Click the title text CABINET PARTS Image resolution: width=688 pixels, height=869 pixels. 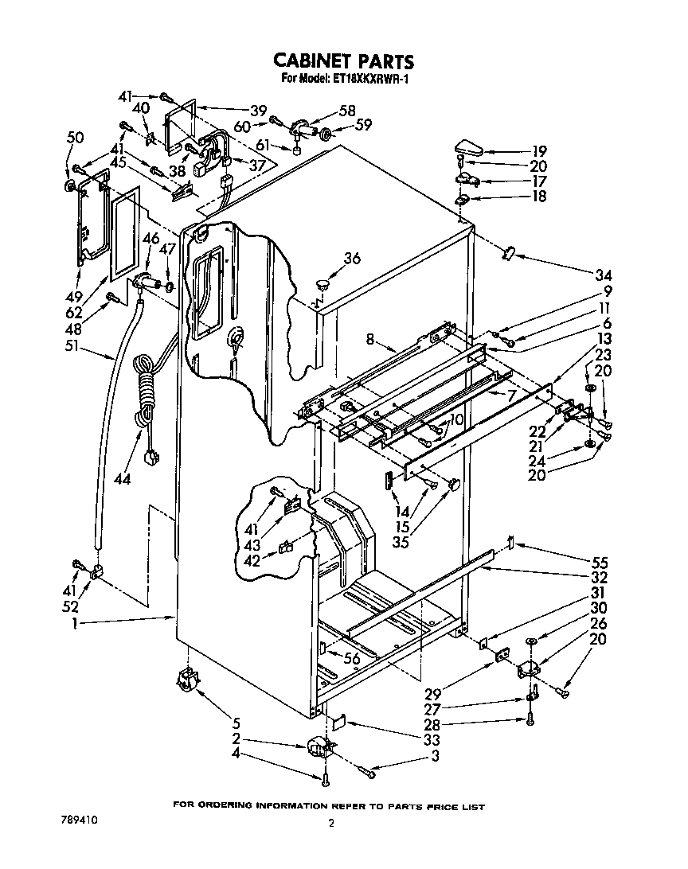pyautogui.click(x=343, y=60)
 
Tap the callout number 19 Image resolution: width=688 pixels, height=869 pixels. pyautogui.click(x=540, y=150)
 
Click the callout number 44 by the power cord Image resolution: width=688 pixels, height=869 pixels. pyautogui.click(x=121, y=480)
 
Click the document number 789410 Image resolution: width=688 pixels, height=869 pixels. pyautogui.click(x=84, y=819)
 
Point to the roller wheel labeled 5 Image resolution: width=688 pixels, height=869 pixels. pyautogui.click(x=186, y=683)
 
